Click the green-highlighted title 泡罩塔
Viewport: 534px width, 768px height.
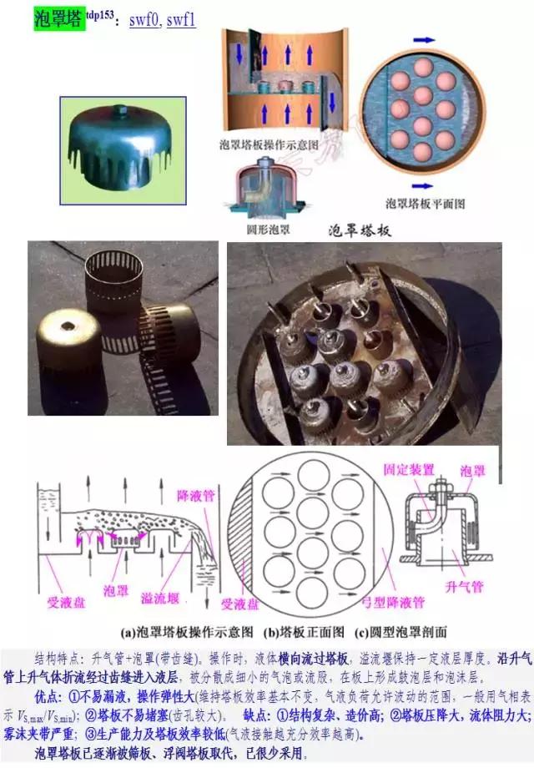click(59, 18)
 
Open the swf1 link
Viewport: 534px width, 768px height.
click(181, 19)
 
